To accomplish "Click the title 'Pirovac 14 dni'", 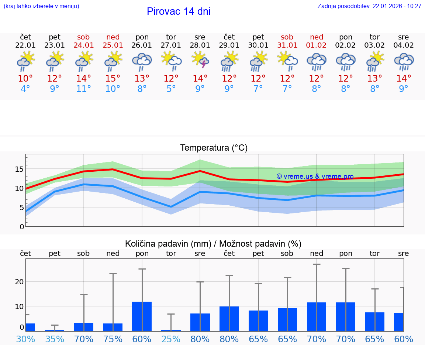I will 179,11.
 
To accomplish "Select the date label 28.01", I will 200,45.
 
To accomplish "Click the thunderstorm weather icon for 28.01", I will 200,60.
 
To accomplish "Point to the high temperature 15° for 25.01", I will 113,79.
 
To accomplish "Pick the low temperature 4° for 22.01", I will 25,89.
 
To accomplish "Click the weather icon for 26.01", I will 142,61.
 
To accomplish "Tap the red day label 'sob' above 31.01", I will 287,37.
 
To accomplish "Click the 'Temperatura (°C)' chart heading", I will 214,148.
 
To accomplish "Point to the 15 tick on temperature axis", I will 19,169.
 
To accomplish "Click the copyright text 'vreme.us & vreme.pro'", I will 315,176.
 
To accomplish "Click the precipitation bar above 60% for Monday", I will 142,316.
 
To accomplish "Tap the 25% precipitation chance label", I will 171,339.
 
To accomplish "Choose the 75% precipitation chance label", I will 113,339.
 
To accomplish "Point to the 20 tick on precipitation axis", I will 19,282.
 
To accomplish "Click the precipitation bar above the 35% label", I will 55,330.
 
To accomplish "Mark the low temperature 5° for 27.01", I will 171,89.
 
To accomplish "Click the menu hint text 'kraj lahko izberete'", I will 41,6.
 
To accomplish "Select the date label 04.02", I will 404,45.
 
